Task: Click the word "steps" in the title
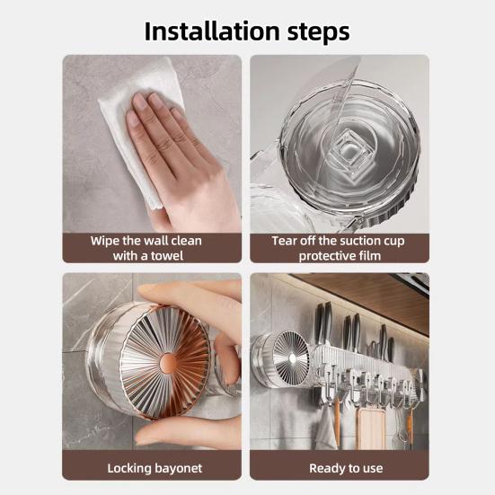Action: [314, 31]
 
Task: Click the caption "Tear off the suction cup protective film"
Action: [339, 248]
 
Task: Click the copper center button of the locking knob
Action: [168, 361]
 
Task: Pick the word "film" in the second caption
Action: [369, 255]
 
